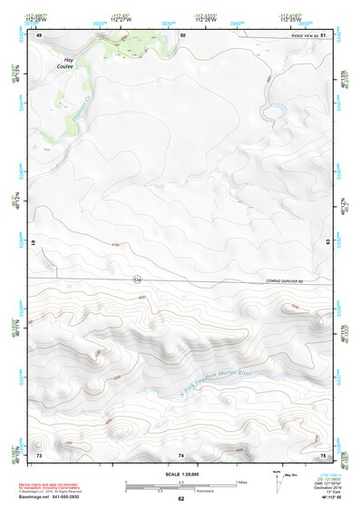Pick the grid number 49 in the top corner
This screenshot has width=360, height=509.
(38, 34)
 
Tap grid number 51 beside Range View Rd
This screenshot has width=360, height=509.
(324, 34)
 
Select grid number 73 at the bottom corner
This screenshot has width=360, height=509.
(38, 454)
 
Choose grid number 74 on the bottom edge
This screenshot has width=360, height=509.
(181, 454)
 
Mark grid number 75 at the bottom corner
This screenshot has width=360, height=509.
(323, 454)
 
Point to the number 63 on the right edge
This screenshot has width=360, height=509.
(327, 243)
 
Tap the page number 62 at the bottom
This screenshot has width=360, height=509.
(180, 498)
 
